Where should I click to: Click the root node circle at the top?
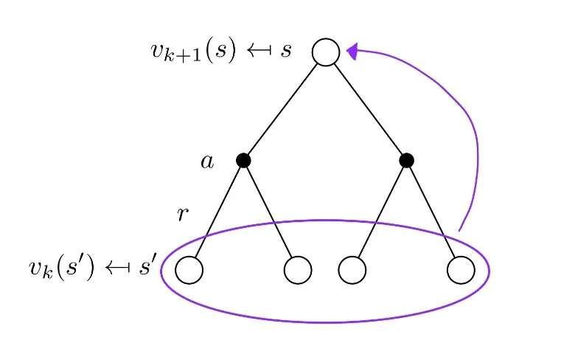(326, 52)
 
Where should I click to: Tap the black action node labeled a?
(243, 160)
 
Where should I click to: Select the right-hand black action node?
(406, 160)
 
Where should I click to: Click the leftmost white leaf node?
(189, 270)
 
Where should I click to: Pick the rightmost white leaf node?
(461, 270)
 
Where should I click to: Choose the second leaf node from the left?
(298, 270)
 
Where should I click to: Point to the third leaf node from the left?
(352, 270)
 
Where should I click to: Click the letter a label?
(207, 162)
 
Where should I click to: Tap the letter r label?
(184, 215)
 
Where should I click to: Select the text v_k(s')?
(61, 269)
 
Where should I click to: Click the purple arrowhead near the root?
(353, 51)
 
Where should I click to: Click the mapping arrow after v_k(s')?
(117, 269)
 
